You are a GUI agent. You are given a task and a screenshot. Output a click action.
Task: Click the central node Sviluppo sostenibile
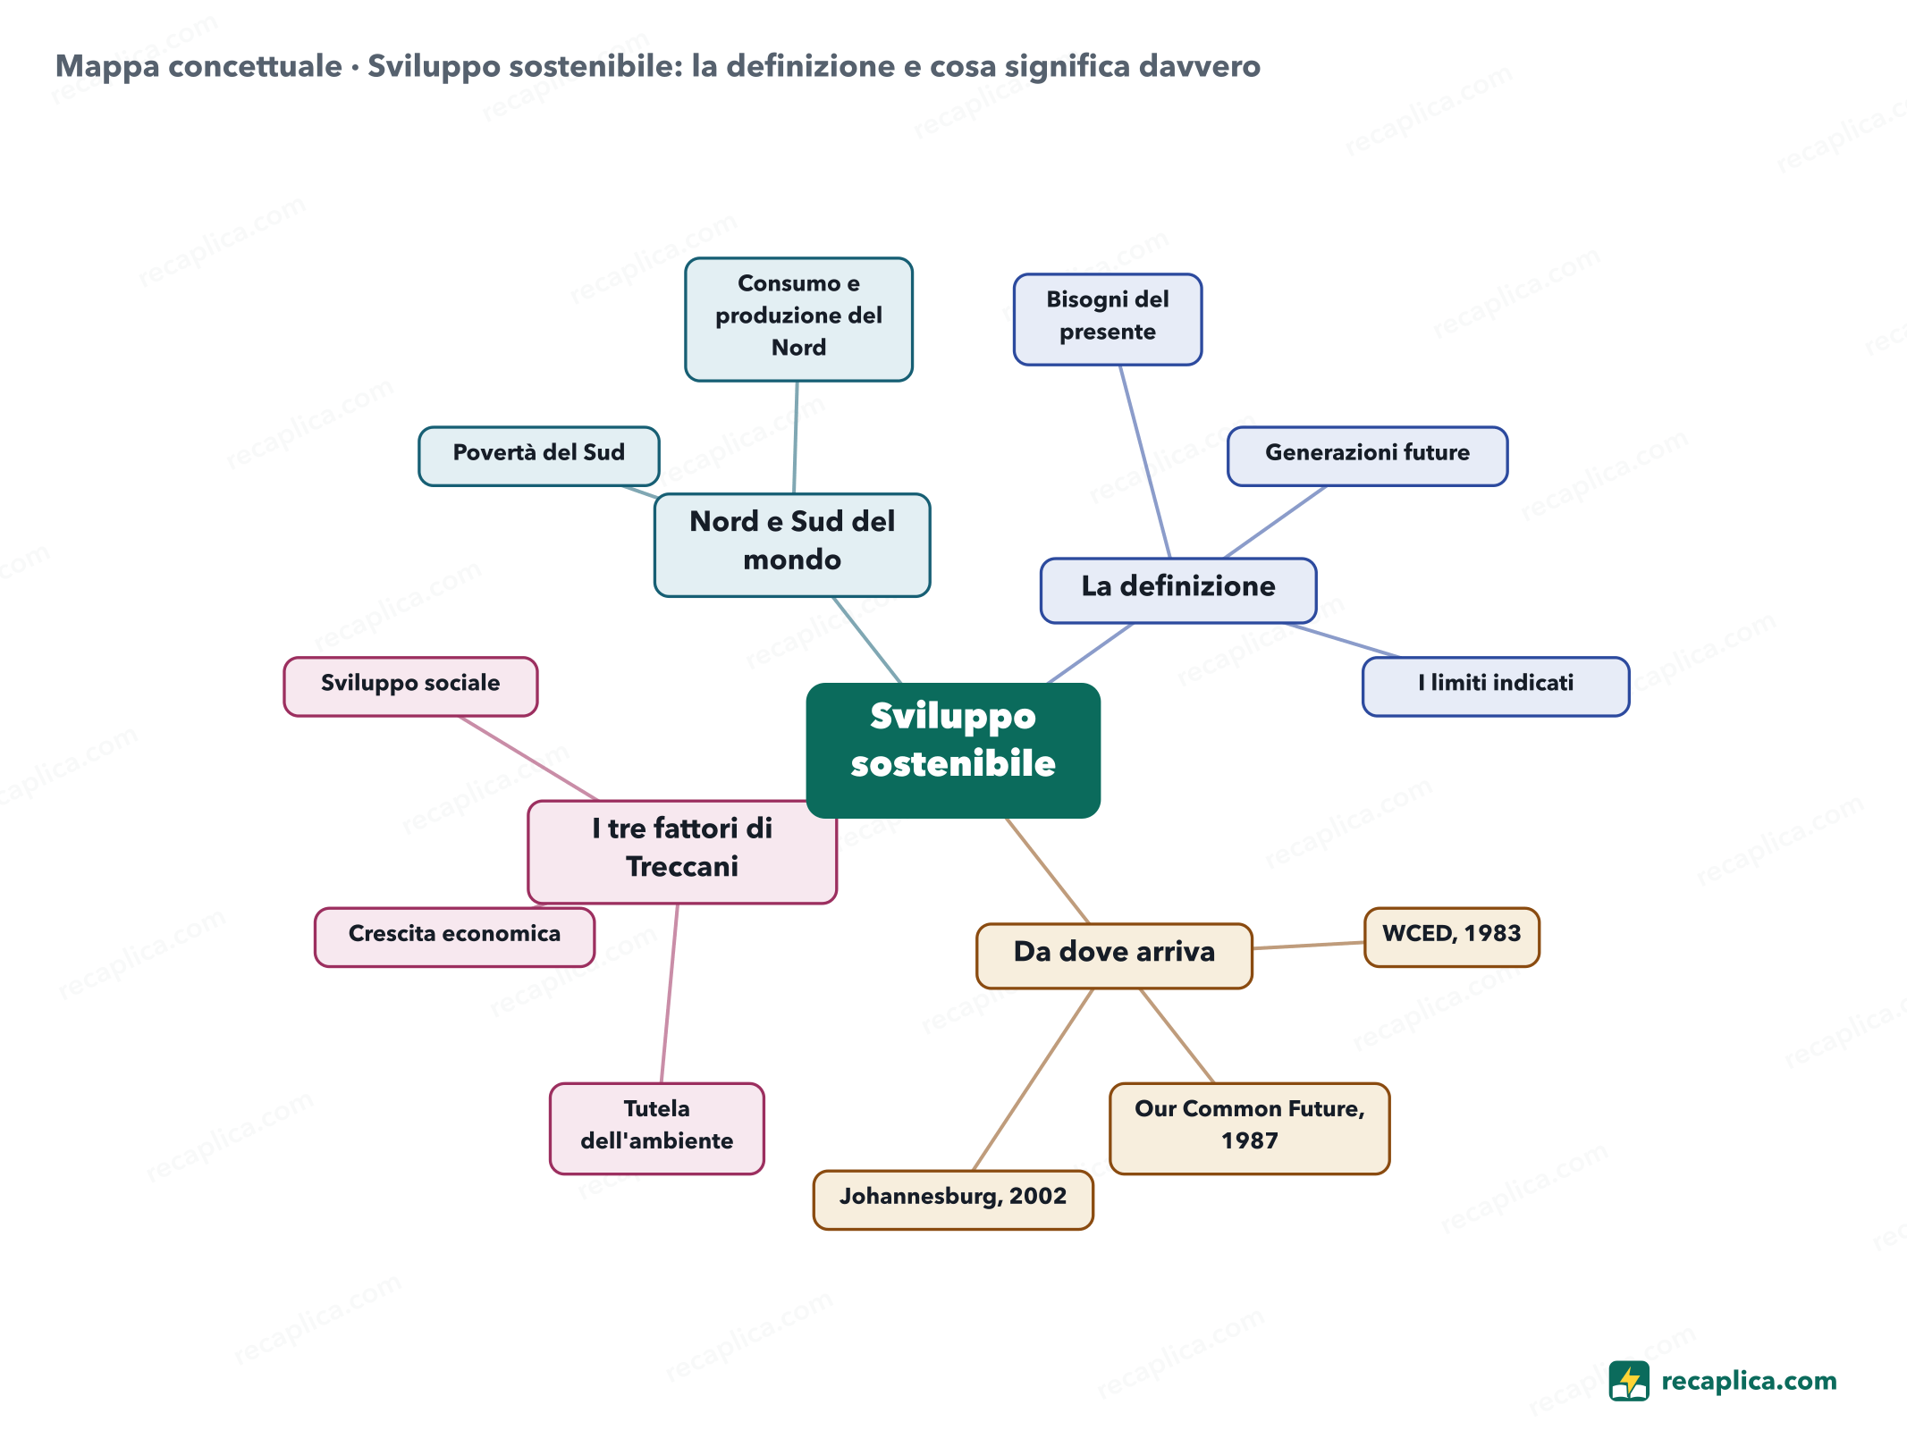point(953,750)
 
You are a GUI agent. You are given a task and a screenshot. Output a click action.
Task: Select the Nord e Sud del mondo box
point(792,544)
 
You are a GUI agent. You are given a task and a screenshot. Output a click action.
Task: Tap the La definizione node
point(1178,590)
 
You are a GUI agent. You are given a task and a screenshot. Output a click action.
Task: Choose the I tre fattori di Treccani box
point(682,852)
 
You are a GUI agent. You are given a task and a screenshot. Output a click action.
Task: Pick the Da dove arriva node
point(1114,955)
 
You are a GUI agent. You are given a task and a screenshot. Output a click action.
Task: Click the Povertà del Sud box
point(539,456)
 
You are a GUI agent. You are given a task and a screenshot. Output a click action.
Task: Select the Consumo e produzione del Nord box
point(798,319)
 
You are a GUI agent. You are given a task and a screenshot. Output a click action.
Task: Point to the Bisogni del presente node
point(1108,319)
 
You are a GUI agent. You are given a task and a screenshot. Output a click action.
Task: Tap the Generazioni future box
point(1367,456)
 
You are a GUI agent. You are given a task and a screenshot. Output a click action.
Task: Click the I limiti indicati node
point(1496,686)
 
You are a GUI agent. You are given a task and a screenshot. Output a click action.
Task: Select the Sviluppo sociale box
point(410,686)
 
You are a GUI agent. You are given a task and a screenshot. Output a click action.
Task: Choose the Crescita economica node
point(454,937)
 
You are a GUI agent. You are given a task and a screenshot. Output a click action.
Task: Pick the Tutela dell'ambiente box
point(657,1128)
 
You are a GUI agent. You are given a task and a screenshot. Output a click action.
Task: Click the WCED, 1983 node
point(1452,937)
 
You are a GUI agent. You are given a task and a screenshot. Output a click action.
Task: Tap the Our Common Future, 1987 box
point(1250,1128)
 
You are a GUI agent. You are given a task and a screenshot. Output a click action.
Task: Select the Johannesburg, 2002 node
point(953,1199)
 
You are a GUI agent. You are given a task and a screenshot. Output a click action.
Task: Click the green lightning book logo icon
point(1629,1381)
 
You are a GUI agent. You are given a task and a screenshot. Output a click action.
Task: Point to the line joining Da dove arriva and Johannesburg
point(1033,1079)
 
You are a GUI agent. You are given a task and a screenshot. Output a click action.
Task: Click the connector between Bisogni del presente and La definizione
point(1145,461)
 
